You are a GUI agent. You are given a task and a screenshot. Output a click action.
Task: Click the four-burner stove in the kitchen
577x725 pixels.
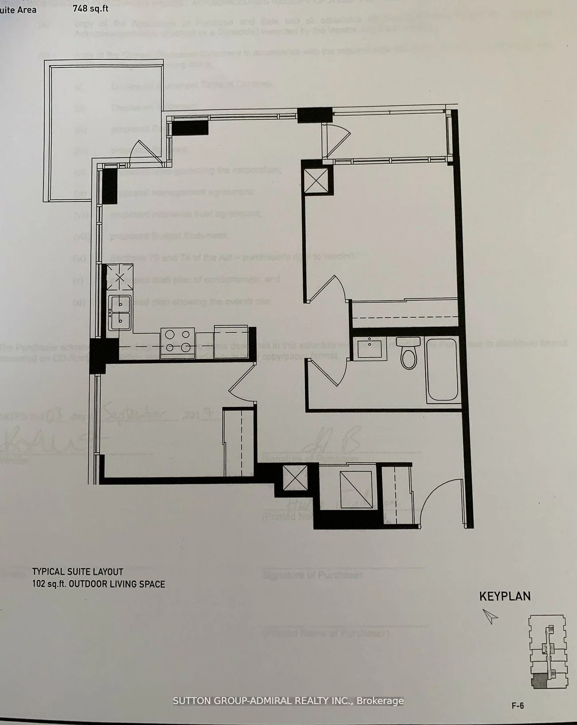(x=177, y=341)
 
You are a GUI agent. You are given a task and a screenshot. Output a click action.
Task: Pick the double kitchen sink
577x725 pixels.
(x=119, y=313)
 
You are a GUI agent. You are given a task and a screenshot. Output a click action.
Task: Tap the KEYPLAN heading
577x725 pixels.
(x=505, y=596)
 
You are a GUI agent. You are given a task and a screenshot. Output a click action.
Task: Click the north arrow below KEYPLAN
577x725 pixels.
(x=490, y=616)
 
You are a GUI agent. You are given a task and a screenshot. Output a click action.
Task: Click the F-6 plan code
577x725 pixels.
(x=518, y=705)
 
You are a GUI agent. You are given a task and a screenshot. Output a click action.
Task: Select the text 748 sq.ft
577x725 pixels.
(x=91, y=8)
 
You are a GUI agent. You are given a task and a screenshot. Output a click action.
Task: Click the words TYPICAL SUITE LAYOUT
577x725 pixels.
(x=78, y=572)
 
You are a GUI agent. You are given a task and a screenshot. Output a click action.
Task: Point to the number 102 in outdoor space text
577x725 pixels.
(x=39, y=584)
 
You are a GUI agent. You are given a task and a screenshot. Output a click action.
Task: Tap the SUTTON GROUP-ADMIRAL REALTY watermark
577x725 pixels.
(x=288, y=701)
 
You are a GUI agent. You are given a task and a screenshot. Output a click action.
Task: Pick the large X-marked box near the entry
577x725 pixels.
(x=356, y=489)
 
